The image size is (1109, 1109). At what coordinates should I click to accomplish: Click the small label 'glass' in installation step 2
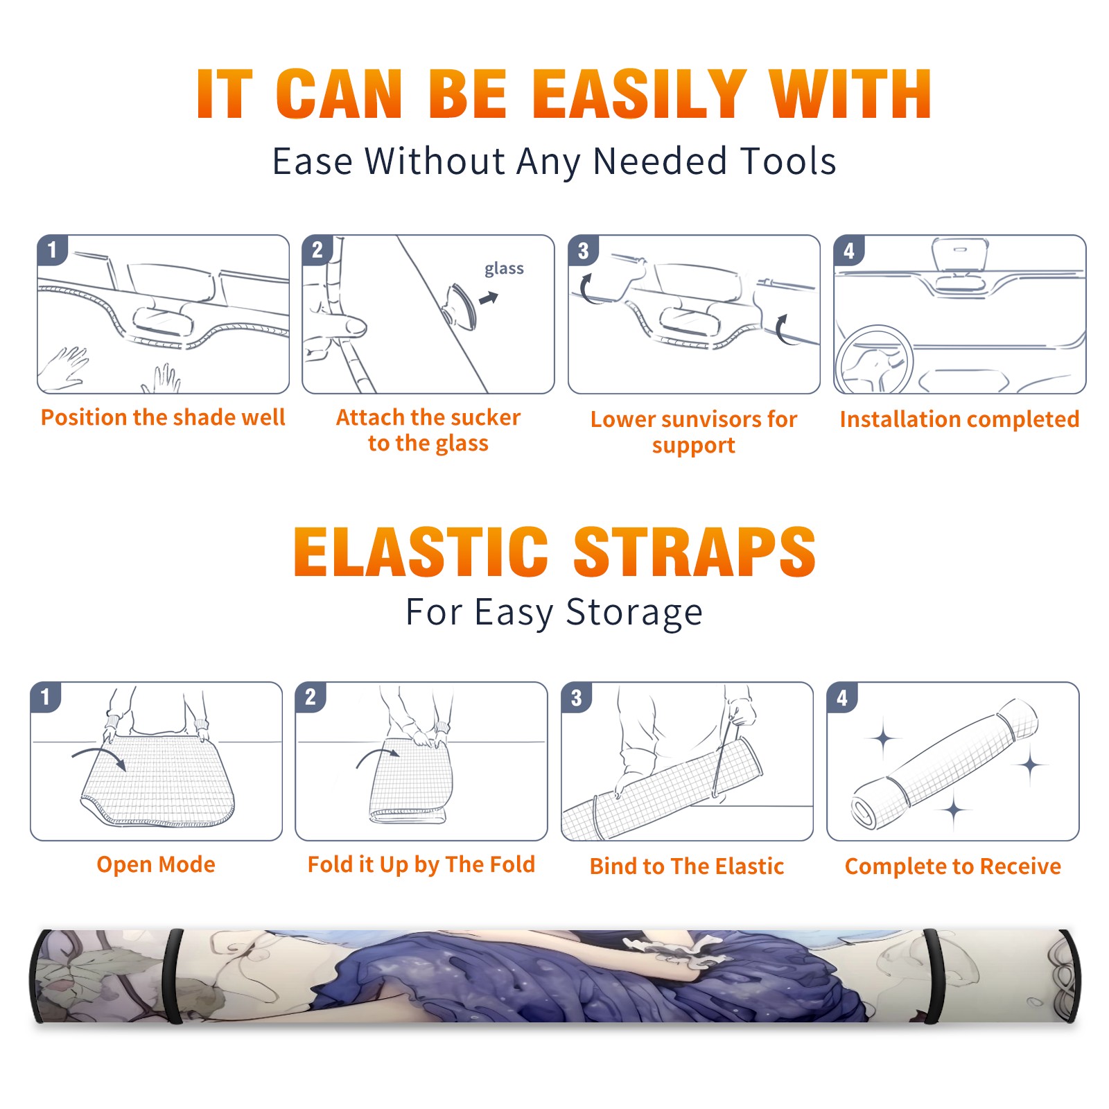click(x=504, y=268)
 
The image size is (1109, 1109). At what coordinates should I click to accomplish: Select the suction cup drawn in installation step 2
click(x=461, y=306)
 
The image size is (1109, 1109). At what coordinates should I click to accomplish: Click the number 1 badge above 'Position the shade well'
click(x=52, y=250)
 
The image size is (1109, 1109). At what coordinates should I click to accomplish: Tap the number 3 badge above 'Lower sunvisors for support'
click(x=583, y=250)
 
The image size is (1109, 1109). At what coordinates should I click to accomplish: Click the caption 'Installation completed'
click(x=959, y=419)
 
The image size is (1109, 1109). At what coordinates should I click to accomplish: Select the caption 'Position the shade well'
click(x=163, y=417)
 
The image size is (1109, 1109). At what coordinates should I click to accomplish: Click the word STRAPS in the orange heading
click(x=695, y=552)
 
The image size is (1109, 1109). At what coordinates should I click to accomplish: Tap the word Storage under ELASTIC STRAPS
click(x=634, y=613)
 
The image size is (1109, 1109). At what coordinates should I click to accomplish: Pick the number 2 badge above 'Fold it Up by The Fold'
click(x=311, y=697)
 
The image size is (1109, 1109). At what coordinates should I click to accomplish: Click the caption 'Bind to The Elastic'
click(x=686, y=866)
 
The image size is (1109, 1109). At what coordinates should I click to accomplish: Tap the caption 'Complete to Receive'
click(x=952, y=866)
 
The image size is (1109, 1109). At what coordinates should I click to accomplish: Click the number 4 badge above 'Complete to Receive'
click(x=842, y=697)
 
